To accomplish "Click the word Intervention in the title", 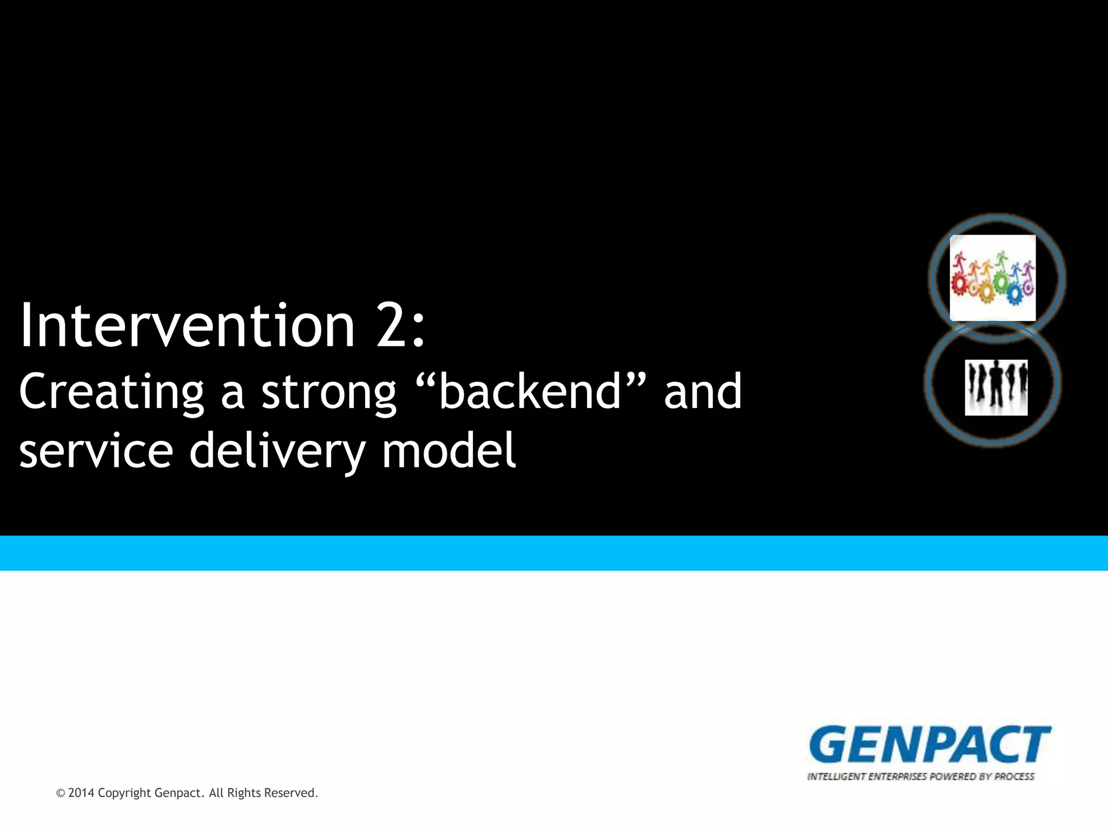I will click(187, 326).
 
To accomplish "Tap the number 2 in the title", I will click(392, 326).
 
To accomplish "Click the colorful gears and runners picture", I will click(993, 278).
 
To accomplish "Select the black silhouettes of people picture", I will click(996, 387).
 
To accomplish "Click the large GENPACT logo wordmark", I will click(929, 744).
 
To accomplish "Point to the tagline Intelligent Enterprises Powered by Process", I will click(921, 777).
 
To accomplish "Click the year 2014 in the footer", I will click(81, 793).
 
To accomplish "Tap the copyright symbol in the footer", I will click(61, 794).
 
